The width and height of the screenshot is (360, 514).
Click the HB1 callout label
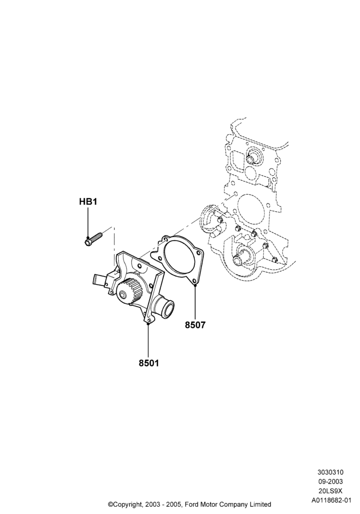pos(88,201)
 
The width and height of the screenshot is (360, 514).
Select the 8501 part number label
pos(149,363)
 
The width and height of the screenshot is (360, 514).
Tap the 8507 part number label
pos(195,325)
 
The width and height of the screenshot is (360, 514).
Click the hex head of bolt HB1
pos(88,242)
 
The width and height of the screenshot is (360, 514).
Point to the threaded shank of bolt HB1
pos(97,236)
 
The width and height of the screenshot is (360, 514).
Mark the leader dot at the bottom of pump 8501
pos(148,323)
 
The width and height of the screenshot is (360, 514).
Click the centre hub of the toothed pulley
pos(122,296)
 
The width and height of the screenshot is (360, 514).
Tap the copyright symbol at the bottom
pos(111,504)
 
